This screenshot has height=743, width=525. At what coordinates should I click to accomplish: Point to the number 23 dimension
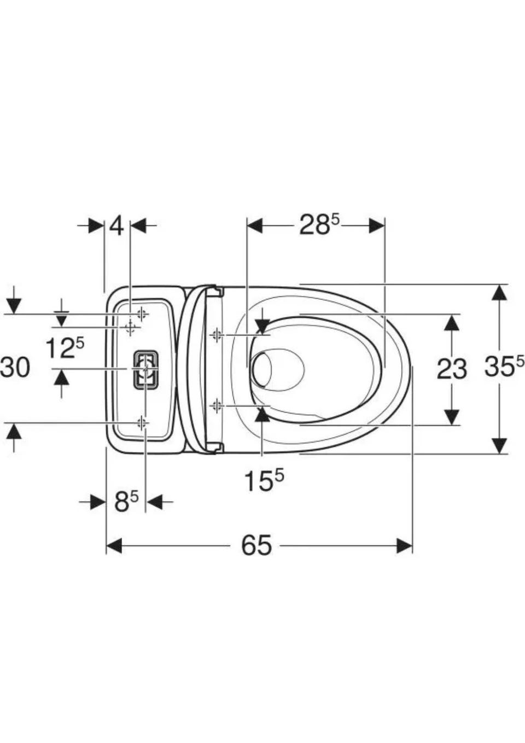pos(452,369)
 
